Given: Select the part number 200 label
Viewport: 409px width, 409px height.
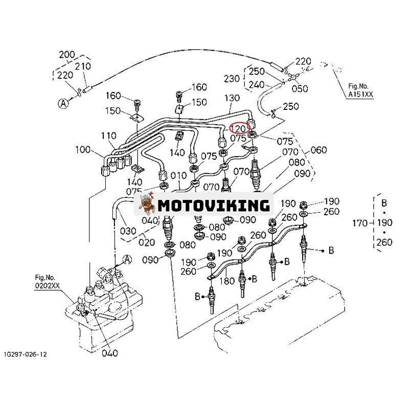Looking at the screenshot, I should click(67, 55).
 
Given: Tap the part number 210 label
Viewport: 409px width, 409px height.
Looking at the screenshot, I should click(82, 65).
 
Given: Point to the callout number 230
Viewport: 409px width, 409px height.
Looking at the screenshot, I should click(232, 78).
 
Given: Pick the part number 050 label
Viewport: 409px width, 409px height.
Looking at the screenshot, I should click(300, 88).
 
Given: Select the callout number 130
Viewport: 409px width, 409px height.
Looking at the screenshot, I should click(232, 98).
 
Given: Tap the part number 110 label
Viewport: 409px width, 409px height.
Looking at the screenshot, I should click(108, 137).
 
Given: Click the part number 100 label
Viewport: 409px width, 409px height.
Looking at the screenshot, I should click(82, 150).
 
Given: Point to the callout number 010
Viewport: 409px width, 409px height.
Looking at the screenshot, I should click(178, 176).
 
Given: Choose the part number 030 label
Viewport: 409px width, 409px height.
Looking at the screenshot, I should click(128, 231).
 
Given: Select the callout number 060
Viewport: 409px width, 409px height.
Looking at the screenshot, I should click(318, 150).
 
